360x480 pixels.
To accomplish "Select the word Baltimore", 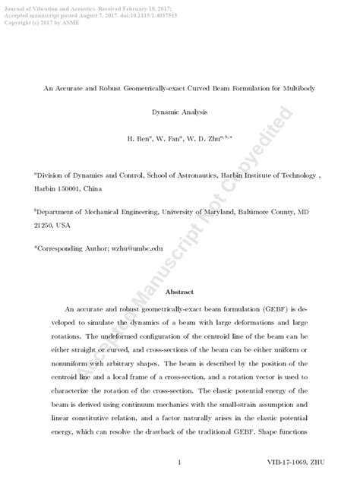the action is pos(257,214).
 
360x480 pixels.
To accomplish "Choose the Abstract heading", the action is pos(179,291).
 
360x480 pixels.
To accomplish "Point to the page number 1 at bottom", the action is pos(179,462).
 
